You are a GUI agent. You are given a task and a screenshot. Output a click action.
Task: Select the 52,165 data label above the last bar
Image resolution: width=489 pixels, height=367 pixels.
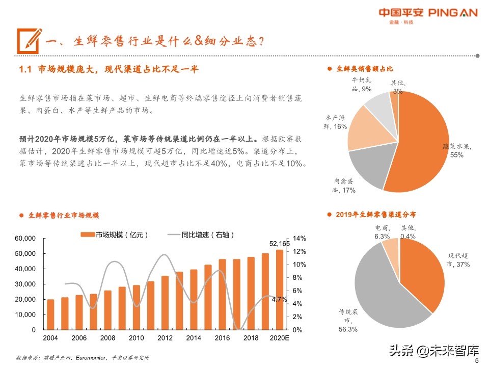pyautogui.click(x=279, y=244)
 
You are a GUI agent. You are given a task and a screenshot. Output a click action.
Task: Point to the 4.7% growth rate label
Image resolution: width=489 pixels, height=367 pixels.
pyautogui.click(x=279, y=300)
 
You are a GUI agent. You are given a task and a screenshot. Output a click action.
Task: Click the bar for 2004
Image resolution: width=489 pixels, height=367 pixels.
pyautogui.click(x=50, y=314)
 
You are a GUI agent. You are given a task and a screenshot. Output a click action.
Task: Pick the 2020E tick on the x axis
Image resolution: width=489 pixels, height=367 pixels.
pyautogui.click(x=279, y=338)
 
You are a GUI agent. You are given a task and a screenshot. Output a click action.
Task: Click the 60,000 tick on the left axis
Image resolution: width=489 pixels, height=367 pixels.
pyautogui.click(x=24, y=239)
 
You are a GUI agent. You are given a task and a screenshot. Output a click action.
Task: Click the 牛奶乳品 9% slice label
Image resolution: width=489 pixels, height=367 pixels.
pyautogui.click(x=362, y=85)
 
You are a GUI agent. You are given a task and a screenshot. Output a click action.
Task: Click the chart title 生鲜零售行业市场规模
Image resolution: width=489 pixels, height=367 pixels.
pyautogui.click(x=64, y=216)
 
